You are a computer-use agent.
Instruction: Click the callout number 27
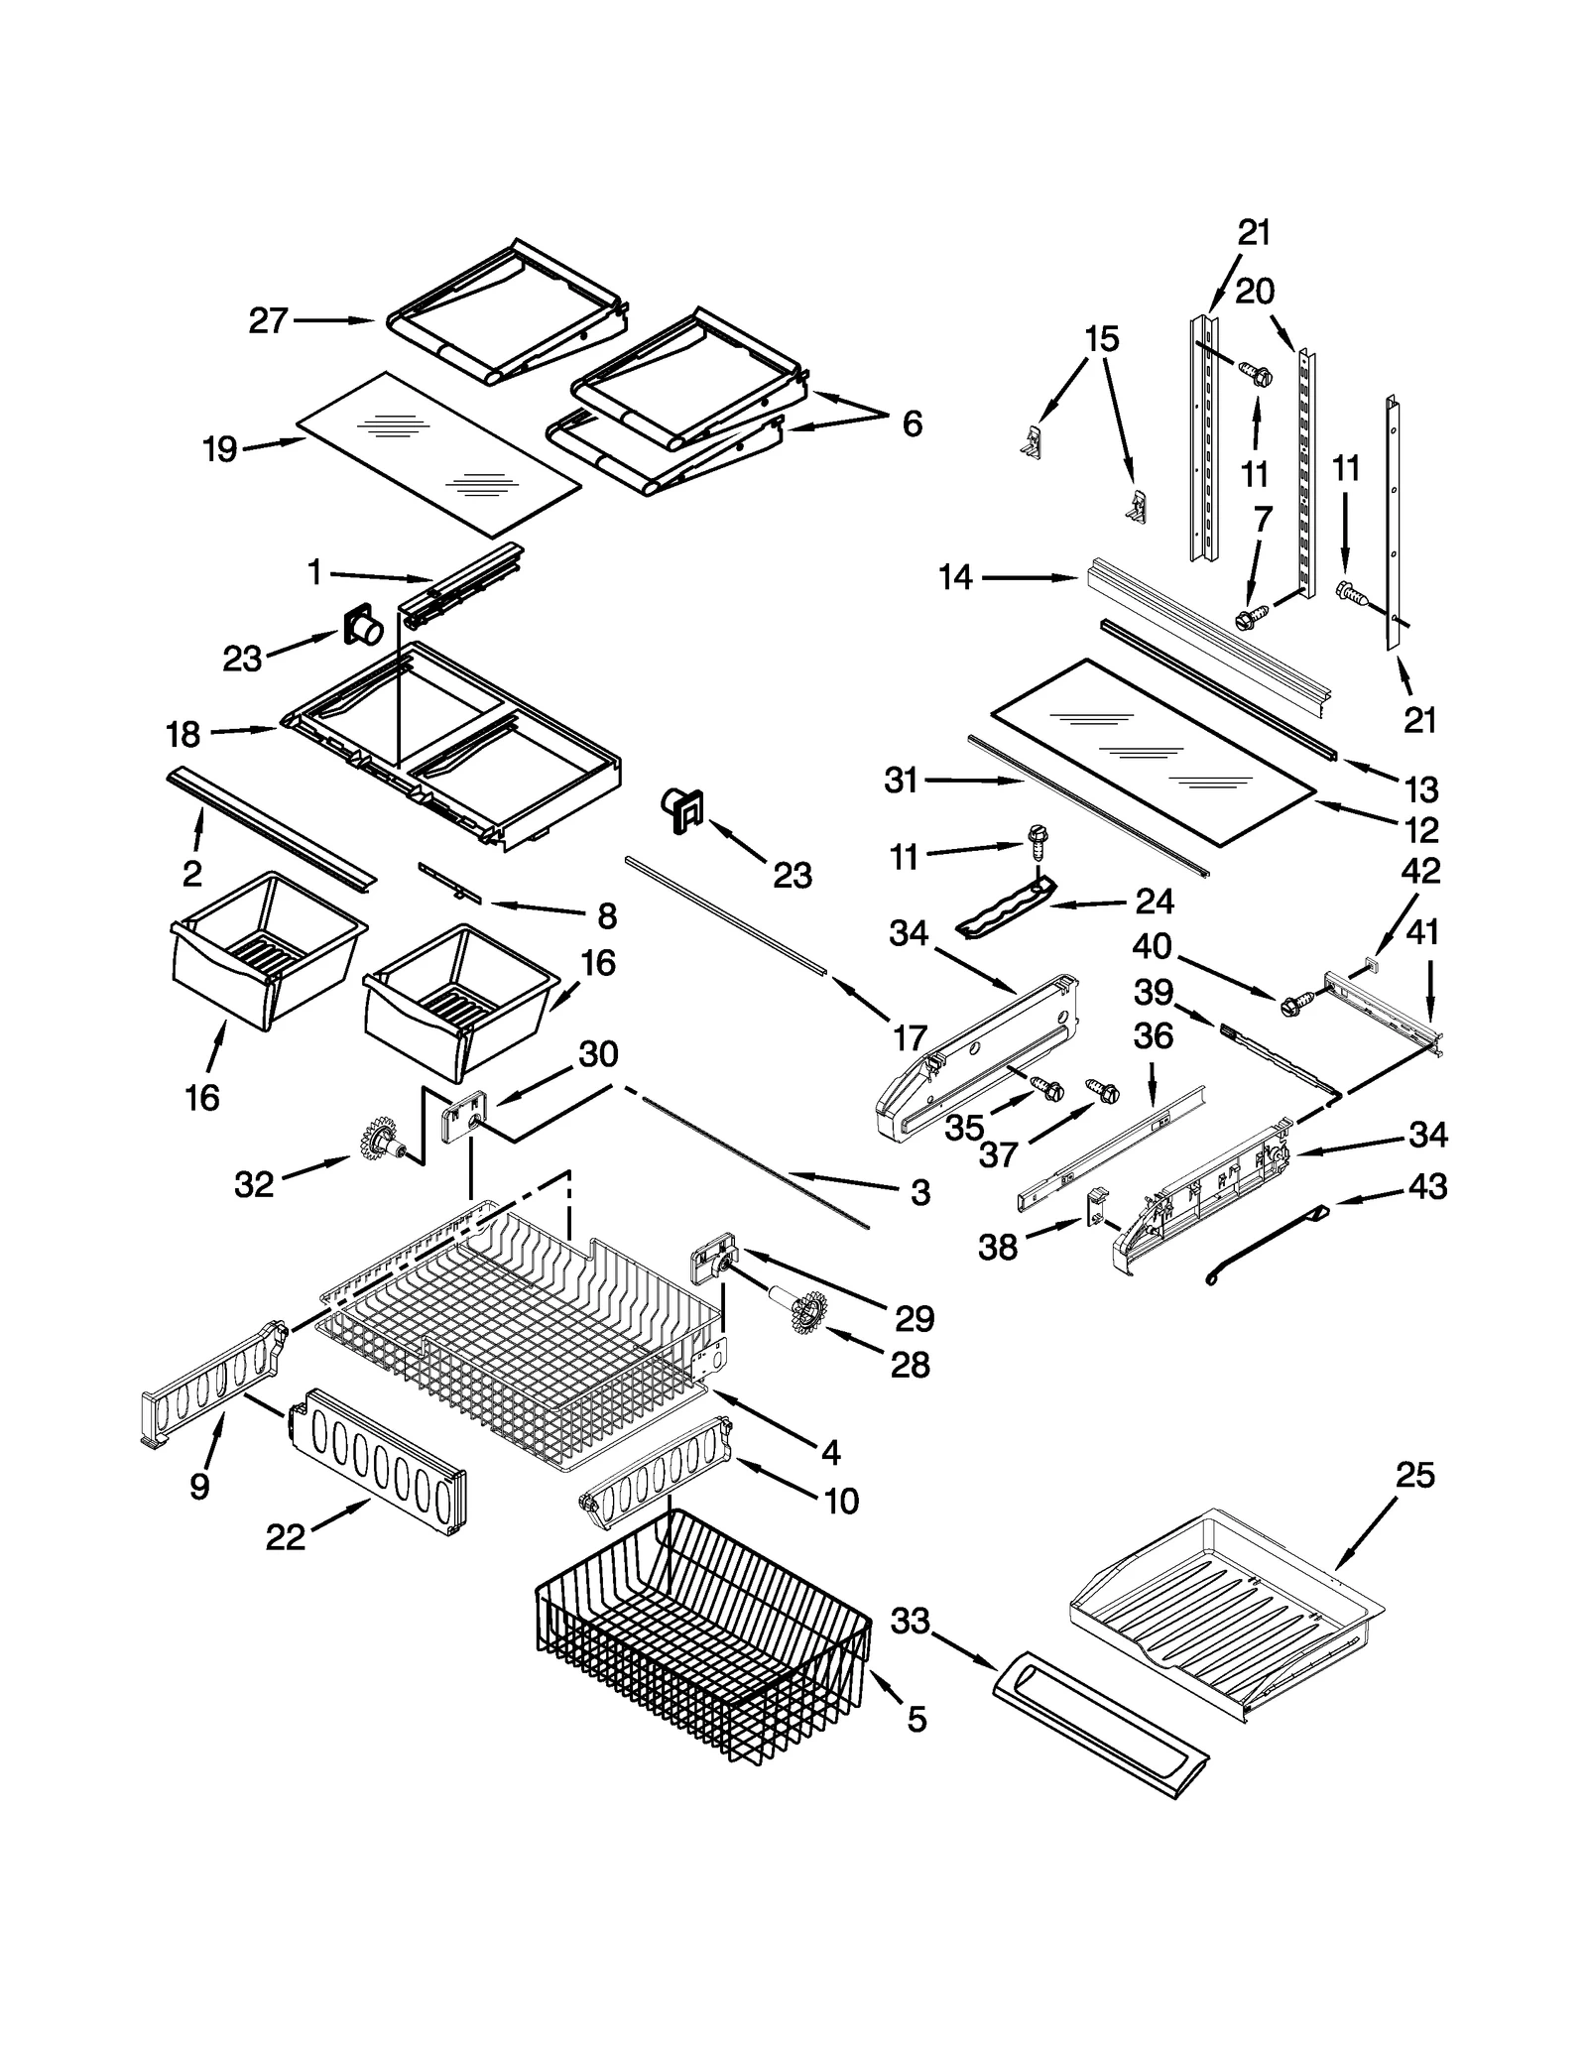[268, 321]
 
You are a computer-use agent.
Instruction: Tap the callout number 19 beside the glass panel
[220, 449]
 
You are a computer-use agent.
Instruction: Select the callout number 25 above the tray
[1414, 1476]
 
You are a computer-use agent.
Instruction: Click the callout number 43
[1427, 1186]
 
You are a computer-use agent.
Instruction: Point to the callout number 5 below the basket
[916, 1720]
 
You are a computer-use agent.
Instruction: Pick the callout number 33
[910, 1621]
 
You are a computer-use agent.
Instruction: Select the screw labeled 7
[1244, 620]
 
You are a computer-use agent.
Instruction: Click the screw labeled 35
[1045, 1088]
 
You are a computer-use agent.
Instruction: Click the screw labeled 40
[1296, 1004]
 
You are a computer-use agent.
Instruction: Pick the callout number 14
[956, 577]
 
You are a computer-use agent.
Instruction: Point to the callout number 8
[607, 915]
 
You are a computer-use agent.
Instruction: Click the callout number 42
[1420, 870]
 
